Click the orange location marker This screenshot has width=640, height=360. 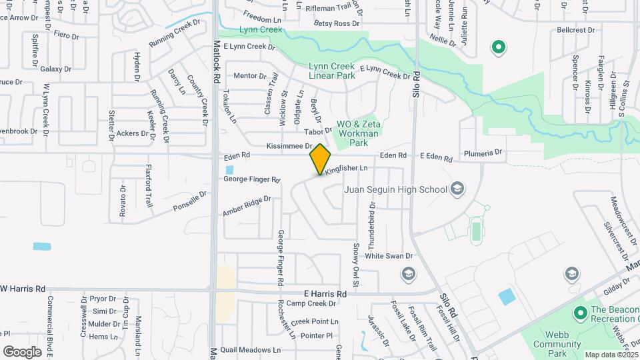(x=320, y=159)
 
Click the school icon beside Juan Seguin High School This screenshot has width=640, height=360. (x=457, y=189)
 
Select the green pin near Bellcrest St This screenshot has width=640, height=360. (x=497, y=47)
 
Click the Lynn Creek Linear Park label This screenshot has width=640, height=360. (x=332, y=71)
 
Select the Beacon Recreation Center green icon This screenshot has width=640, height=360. (x=579, y=311)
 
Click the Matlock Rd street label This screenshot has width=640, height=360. (x=217, y=61)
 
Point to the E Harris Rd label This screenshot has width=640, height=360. (x=325, y=293)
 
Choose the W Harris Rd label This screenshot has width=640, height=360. (x=23, y=289)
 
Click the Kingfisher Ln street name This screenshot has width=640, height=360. (x=347, y=170)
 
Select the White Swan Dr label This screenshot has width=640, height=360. (x=389, y=256)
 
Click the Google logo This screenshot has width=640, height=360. (x=22, y=351)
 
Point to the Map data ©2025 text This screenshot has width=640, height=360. (x=611, y=355)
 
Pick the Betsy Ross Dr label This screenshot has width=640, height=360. (x=337, y=23)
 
